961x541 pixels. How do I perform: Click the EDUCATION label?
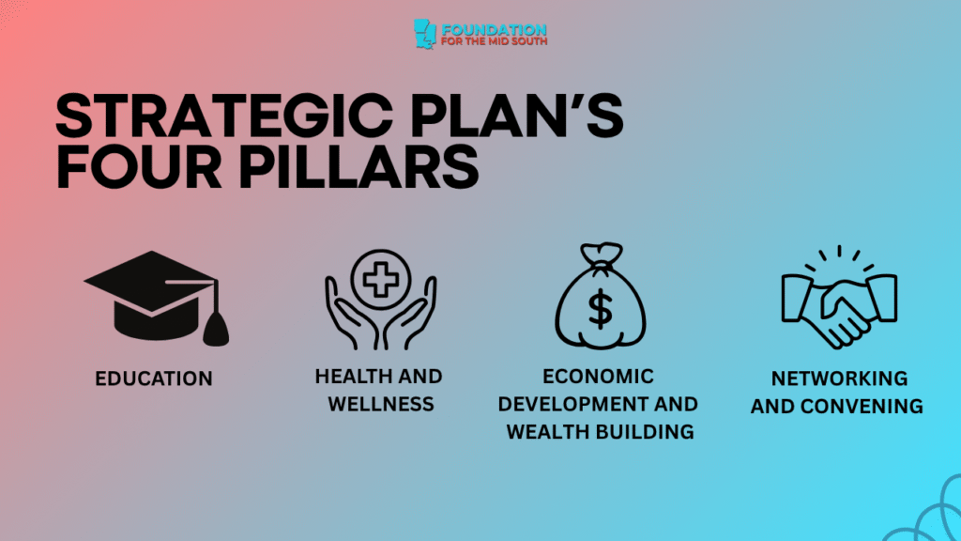[x=154, y=379]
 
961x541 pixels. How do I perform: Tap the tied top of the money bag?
[x=598, y=255]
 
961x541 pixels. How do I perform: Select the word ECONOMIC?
[x=598, y=377]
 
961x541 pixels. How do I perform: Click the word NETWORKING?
[x=839, y=379]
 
